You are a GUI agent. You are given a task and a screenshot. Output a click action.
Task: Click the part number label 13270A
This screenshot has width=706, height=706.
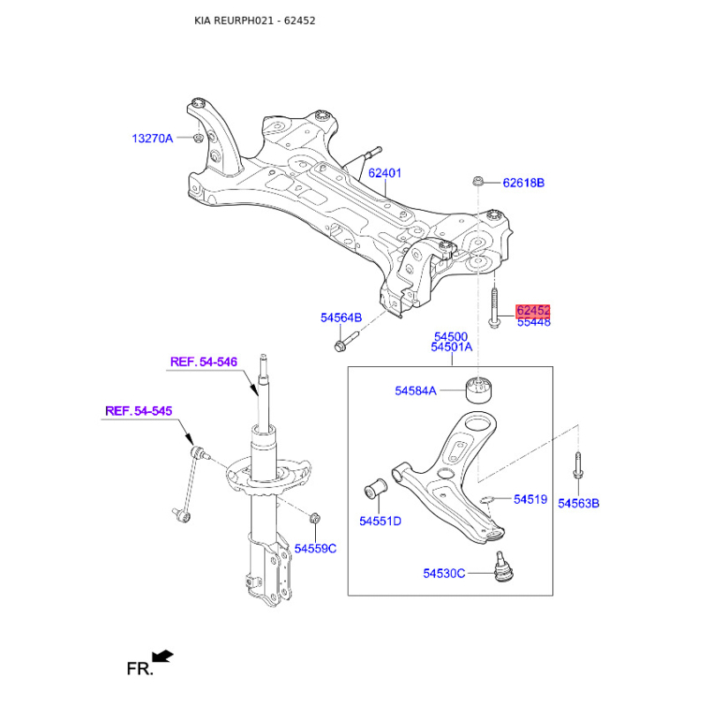(x=152, y=139)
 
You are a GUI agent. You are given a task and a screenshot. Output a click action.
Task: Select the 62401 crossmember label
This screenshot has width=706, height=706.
(x=385, y=173)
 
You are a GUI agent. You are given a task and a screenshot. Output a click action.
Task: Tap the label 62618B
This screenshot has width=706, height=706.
(x=523, y=183)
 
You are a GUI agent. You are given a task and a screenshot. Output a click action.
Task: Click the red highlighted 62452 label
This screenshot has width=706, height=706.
(x=533, y=311)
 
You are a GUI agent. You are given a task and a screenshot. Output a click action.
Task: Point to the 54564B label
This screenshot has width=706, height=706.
(x=341, y=318)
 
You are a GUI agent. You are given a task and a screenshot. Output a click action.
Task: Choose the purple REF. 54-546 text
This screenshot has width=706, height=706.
(x=204, y=362)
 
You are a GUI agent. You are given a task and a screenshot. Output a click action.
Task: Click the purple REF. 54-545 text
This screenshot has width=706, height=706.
(x=139, y=411)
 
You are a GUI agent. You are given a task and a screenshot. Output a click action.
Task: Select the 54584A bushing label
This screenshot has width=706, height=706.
(x=416, y=391)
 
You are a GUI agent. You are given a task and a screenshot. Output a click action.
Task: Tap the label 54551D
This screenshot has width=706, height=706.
(x=380, y=522)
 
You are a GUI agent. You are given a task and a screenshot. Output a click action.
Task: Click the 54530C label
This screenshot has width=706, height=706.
(x=444, y=574)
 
